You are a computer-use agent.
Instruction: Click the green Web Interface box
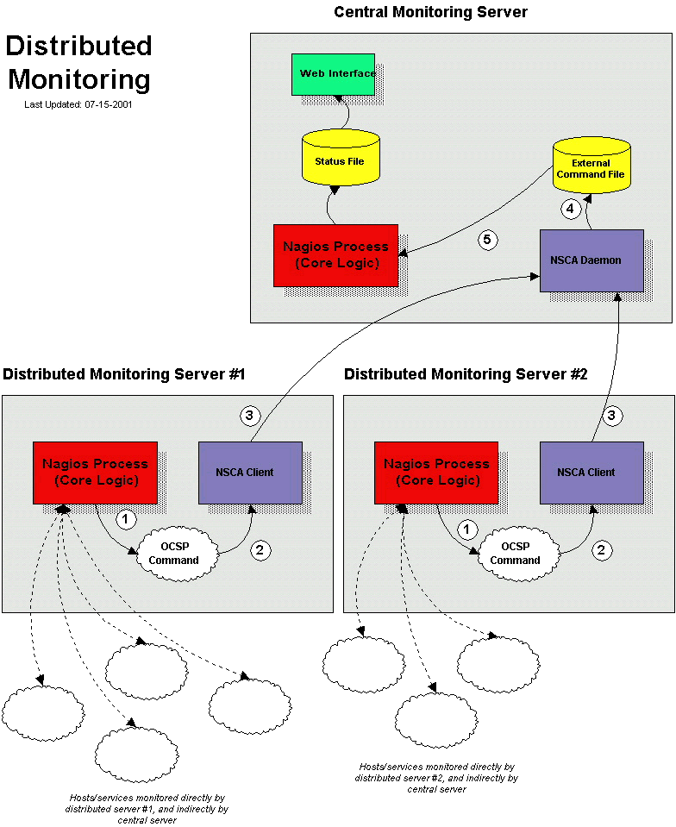pos(333,74)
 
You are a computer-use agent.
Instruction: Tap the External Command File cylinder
pos(590,167)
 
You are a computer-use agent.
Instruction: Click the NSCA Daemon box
pos(591,260)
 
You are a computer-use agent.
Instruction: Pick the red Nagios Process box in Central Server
pos(335,255)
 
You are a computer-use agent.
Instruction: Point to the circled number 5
pos(488,241)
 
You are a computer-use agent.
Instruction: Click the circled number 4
pos(569,208)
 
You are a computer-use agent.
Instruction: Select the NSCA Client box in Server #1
pos(250,473)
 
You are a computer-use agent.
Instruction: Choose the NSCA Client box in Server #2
pos(591,473)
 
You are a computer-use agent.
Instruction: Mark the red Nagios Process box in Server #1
pos(95,473)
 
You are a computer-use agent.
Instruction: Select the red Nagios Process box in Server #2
pos(436,473)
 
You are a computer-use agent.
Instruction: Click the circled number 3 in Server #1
pos(249,417)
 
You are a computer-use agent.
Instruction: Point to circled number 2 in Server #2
pos(603,550)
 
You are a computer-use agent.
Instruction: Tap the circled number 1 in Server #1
pos(126,520)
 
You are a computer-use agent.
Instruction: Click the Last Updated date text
pos(78,104)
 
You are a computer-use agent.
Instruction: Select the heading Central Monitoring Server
pos(430,12)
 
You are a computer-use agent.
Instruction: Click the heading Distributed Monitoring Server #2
pos(466,374)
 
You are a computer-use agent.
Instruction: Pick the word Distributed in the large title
pos(79,47)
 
